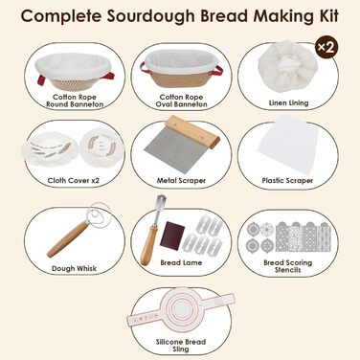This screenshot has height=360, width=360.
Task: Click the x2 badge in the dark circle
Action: tap(326, 47)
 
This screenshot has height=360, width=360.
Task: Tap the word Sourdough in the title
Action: tap(150, 16)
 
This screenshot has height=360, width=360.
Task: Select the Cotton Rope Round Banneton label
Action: tap(75, 101)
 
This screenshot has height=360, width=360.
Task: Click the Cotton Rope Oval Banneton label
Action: tap(181, 101)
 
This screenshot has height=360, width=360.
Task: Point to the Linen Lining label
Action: tap(288, 102)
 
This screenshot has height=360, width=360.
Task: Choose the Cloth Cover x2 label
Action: tap(74, 181)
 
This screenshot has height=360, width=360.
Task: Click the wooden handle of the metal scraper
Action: tap(192, 132)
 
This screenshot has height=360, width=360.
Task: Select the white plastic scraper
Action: tap(287, 146)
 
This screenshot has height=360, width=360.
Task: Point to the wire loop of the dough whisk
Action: tap(98, 214)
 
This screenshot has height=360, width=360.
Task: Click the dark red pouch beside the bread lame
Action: tap(172, 235)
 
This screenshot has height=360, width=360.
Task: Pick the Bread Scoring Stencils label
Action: tap(288, 266)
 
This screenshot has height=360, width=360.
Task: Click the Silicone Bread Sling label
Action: tap(181, 346)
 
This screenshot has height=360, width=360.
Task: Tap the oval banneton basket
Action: tap(181, 68)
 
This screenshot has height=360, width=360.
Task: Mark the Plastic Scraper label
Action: tap(287, 181)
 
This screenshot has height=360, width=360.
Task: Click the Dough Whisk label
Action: tap(74, 269)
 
